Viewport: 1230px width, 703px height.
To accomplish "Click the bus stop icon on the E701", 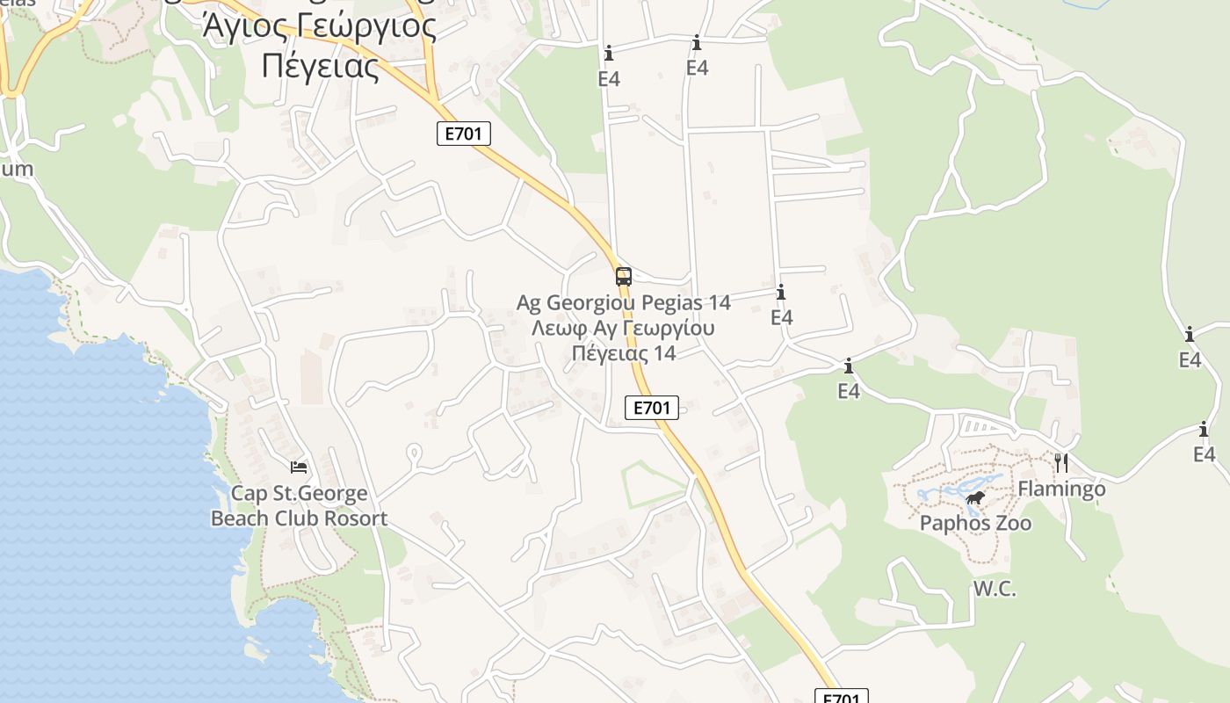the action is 623,277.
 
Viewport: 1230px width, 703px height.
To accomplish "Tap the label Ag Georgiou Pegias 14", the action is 623,303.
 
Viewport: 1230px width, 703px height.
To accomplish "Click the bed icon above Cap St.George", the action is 299,467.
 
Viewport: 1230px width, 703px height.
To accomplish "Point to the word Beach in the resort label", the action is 241,518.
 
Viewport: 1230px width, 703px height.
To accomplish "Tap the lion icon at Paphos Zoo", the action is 975,500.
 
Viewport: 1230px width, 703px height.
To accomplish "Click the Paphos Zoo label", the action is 975,524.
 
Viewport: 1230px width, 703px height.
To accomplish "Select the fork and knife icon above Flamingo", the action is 1061,462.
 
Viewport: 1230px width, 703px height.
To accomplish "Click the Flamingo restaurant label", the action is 1061,489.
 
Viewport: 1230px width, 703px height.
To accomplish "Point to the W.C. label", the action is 995,590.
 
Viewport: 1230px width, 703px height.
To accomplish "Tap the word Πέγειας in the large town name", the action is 321,66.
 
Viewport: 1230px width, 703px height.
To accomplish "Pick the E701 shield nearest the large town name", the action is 463,134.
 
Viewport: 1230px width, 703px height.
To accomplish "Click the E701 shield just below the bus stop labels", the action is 652,408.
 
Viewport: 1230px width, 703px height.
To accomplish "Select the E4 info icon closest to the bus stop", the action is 781,293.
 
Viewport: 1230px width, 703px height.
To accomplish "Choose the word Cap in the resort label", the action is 248,494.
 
